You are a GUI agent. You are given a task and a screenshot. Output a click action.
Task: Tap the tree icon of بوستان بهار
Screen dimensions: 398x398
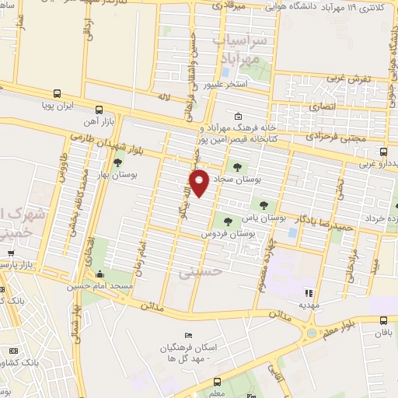(117, 163)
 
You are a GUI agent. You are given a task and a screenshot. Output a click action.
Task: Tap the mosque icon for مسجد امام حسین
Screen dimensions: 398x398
(99, 274)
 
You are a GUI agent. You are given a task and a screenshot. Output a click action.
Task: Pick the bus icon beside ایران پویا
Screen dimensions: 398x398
(98, 110)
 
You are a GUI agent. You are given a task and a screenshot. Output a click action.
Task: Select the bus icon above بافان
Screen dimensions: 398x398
(382, 319)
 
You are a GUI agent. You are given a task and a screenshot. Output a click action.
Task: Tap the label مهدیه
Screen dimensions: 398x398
(309, 305)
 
